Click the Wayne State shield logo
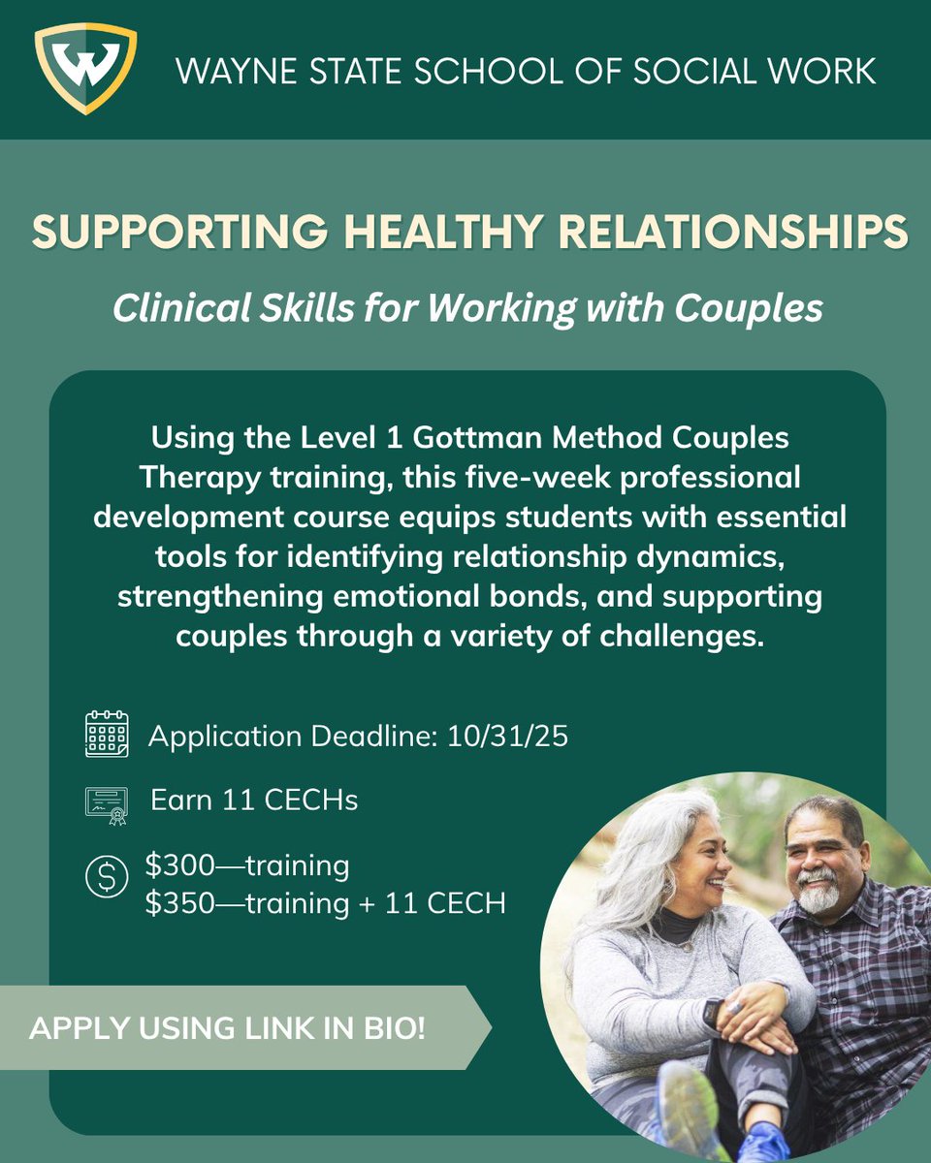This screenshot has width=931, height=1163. click(84, 69)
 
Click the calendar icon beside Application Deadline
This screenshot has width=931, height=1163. click(107, 734)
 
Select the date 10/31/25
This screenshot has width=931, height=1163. click(508, 736)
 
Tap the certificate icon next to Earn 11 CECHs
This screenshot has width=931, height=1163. click(107, 802)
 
